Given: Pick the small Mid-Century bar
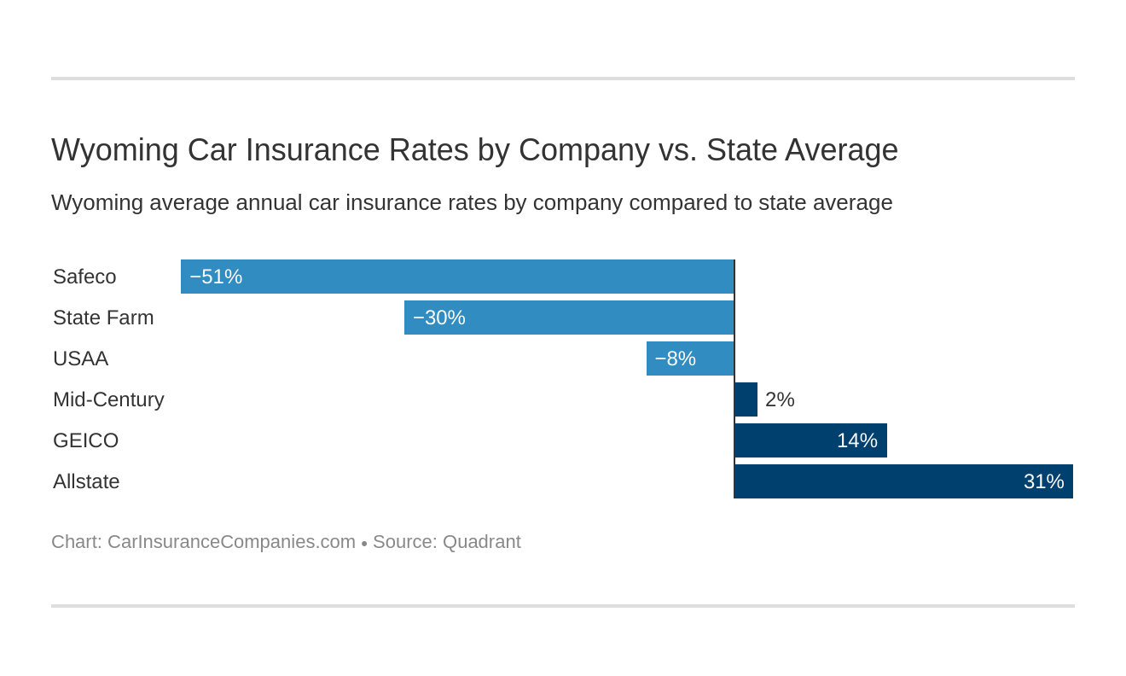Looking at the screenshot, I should click(x=746, y=399).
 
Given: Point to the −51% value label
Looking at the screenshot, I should click(x=216, y=277).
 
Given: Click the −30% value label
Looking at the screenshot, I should click(x=439, y=318).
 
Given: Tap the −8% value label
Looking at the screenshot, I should click(x=675, y=358).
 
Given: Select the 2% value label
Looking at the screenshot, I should click(x=780, y=399).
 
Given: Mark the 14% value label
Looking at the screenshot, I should click(x=856, y=440).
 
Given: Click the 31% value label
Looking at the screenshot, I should click(x=1043, y=481).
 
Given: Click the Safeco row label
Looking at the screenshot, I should click(x=84, y=277).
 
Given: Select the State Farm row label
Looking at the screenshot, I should click(x=103, y=318).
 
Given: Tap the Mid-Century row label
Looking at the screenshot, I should click(x=108, y=399).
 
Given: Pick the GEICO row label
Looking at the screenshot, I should click(x=85, y=440).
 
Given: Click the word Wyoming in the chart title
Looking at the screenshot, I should click(x=114, y=150).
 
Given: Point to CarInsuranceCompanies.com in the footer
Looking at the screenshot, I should click(x=231, y=542).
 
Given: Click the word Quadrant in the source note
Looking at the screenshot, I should click(x=481, y=542).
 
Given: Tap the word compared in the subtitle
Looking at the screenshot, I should click(x=690, y=203).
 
